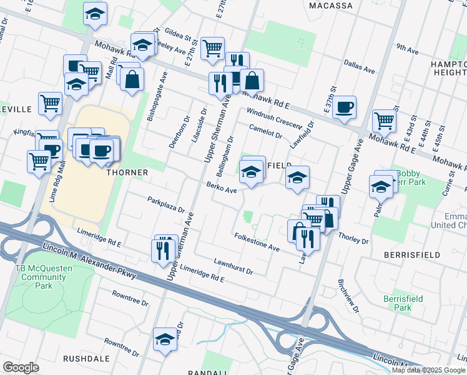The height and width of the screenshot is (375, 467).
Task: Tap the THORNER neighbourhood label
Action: point(127,172)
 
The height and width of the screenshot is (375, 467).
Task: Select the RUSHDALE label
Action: point(86,359)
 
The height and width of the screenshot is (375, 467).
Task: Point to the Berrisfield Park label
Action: point(403,303)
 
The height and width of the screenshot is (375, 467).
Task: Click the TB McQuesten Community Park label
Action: point(43,277)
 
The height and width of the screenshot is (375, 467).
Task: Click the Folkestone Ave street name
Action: point(257,242)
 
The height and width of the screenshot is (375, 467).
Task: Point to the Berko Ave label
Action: point(221,187)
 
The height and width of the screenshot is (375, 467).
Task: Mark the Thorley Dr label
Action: point(353,239)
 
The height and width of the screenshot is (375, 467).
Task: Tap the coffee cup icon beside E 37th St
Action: point(344,107)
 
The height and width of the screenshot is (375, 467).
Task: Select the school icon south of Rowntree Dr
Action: point(165,339)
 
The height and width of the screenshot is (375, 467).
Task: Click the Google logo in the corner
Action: point(21,367)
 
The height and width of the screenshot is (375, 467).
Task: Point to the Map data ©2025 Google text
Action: point(428,370)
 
